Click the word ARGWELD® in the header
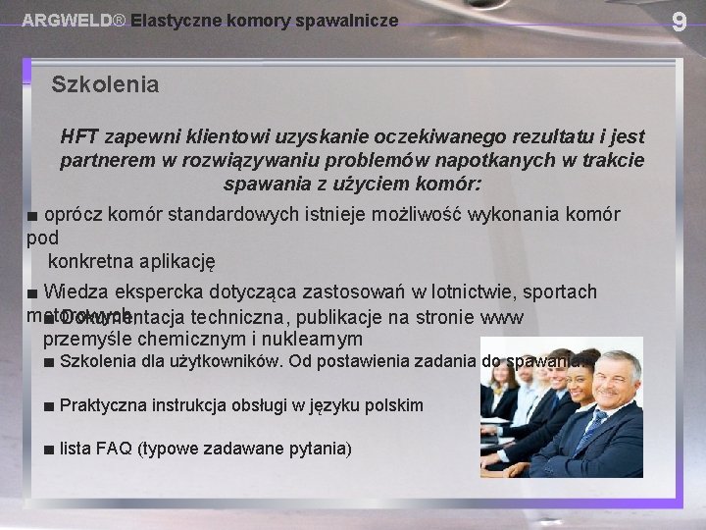point(74,20)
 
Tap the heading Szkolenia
point(105,84)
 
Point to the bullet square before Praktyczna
point(48,405)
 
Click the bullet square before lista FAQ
point(48,450)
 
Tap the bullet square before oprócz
point(31,215)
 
